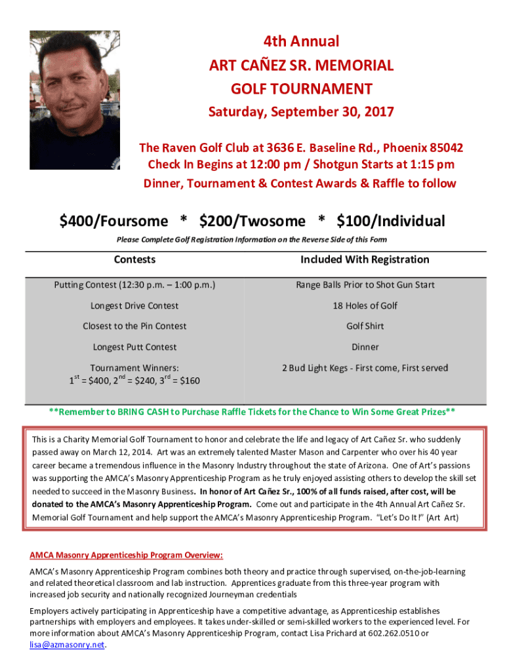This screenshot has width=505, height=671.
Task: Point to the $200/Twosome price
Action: [x=253, y=221]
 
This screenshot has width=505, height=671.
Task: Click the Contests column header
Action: [x=134, y=259]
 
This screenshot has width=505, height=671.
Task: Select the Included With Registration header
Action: [x=365, y=259]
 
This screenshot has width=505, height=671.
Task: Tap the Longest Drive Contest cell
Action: [x=134, y=305]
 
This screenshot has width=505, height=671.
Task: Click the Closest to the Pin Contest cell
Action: [x=134, y=326]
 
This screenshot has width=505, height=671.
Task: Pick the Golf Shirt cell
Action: [x=365, y=326]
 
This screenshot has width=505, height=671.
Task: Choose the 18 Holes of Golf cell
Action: [x=365, y=305]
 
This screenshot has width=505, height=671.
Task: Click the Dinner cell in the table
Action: [x=365, y=347]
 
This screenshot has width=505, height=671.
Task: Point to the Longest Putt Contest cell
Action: [x=134, y=347]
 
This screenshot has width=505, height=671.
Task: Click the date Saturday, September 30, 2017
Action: [x=301, y=112]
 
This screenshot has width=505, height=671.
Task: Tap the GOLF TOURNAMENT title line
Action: [x=301, y=89]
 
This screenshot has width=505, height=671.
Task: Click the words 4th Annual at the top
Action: [x=301, y=42]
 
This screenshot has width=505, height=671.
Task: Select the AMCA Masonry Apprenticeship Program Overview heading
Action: [x=126, y=555]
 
